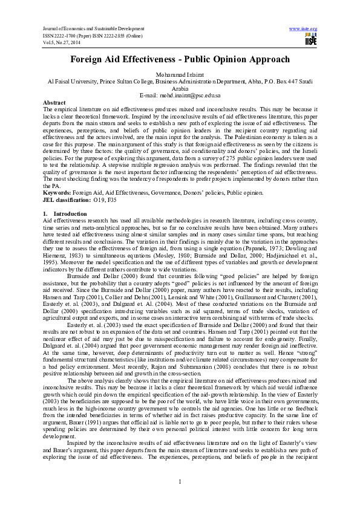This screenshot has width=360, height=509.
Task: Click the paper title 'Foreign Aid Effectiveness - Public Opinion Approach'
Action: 180,60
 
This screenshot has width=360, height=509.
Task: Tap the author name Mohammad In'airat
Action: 180,74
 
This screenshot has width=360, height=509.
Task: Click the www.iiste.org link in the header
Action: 304,28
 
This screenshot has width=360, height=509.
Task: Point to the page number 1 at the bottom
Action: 180,481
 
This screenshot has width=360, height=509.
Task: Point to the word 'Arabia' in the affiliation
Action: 180,88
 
